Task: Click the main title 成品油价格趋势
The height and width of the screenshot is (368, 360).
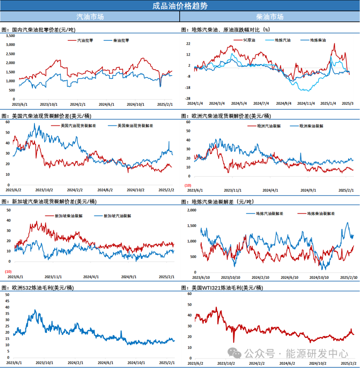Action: (180, 6)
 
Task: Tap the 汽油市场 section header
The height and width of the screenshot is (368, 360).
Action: (90, 16)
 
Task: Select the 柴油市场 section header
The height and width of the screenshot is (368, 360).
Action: (270, 16)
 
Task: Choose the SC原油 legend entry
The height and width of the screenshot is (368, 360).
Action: (249, 40)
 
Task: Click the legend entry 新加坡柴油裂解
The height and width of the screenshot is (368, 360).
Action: (68, 216)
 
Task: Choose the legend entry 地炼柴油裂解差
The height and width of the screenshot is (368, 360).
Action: (320, 213)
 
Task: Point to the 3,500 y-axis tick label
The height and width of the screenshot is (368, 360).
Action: (11, 36)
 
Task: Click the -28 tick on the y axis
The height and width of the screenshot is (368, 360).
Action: (188, 99)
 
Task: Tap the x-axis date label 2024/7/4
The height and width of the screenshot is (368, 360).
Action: (261, 103)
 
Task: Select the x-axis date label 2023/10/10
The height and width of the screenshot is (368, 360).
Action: (231, 277)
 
